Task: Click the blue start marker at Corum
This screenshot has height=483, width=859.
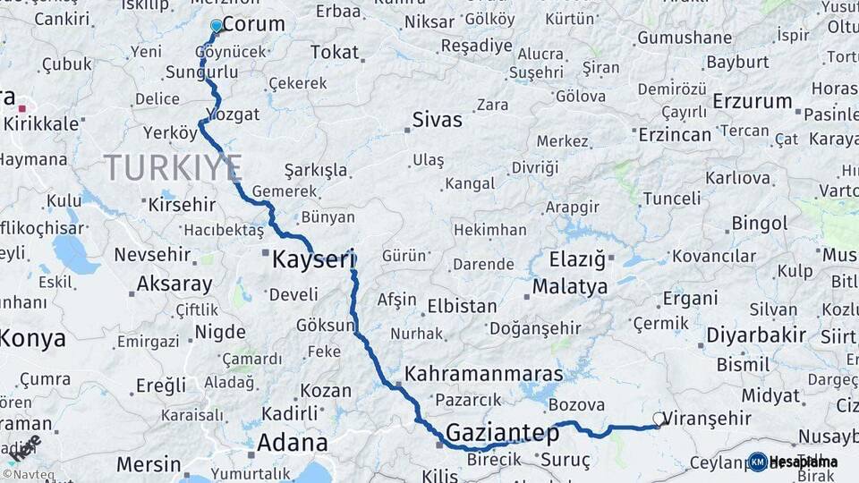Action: pyautogui.click(x=216, y=26)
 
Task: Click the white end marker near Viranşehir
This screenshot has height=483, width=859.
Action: pyautogui.click(x=659, y=419)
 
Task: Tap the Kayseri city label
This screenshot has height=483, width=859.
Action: pyautogui.click(x=313, y=260)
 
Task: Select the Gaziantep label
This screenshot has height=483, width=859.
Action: pyautogui.click(x=502, y=433)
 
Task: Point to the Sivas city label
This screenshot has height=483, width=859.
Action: pyautogui.click(x=438, y=120)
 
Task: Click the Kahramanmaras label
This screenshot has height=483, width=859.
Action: pyautogui.click(x=484, y=374)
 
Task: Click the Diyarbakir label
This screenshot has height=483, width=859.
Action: pyautogui.click(x=756, y=335)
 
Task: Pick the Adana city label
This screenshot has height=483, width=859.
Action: pyautogui.click(x=292, y=443)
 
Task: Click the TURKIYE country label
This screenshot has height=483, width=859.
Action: pyautogui.click(x=173, y=167)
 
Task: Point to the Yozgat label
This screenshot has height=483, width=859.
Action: pyautogui.click(x=233, y=114)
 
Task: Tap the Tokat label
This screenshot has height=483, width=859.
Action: pyautogui.click(x=334, y=52)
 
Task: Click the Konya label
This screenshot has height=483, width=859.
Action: pyautogui.click(x=32, y=339)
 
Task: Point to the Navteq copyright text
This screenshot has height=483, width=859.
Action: pyautogui.click(x=28, y=475)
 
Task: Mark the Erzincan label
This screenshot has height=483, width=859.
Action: pyautogui.click(x=675, y=134)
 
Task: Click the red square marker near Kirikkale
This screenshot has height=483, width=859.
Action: pyautogui.click(x=21, y=108)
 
